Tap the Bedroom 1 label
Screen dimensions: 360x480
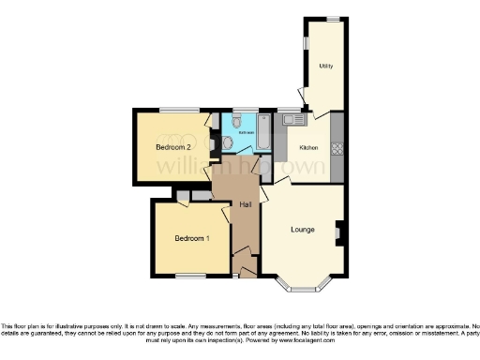[190, 238]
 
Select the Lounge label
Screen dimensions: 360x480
[302, 229]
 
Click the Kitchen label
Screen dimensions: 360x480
[309, 148]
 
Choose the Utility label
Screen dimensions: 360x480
[326, 67]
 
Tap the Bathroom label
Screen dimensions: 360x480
[246, 133]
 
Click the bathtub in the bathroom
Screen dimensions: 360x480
[264, 133]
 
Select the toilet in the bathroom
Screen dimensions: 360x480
[237, 122]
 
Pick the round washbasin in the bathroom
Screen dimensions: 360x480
[228, 142]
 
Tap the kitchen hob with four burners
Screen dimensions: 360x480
[337, 148]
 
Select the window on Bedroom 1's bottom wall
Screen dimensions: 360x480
[190, 275]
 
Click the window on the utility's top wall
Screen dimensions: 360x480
[333, 18]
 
